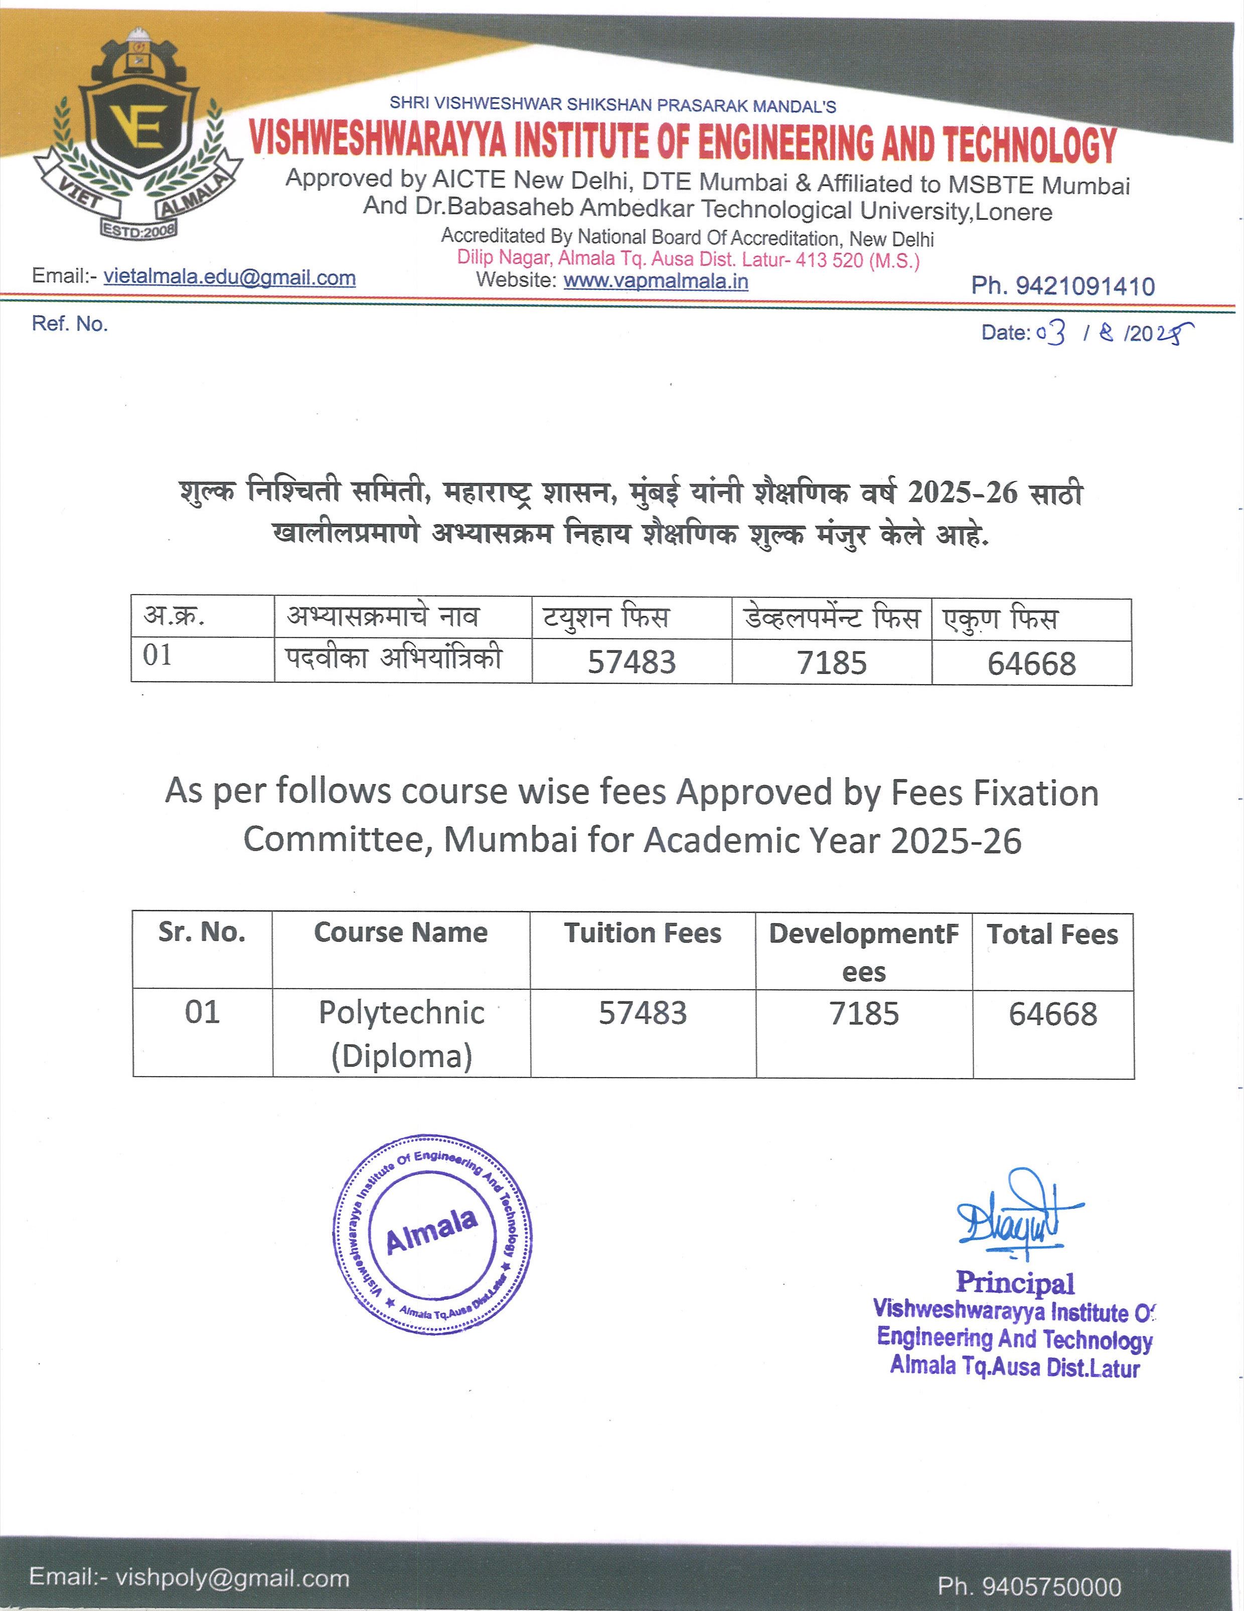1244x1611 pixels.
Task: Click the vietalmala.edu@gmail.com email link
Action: tap(229, 278)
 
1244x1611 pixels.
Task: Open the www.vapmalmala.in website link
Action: tap(656, 281)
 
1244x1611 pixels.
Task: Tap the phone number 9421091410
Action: tap(1084, 286)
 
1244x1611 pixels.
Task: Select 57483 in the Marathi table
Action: tap(631, 662)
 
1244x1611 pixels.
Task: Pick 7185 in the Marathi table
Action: tap(831, 662)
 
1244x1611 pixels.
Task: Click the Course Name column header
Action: tap(400, 932)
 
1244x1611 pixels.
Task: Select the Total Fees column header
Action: tap(1052, 934)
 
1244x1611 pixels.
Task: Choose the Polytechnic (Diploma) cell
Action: tap(401, 1034)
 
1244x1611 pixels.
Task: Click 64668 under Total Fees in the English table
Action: tap(1052, 1014)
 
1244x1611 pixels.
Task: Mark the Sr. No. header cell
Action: tap(202, 932)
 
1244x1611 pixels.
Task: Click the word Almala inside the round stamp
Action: tap(431, 1232)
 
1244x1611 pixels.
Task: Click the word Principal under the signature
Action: tap(1015, 1283)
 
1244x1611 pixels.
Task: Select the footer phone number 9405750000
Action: tap(1029, 1586)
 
